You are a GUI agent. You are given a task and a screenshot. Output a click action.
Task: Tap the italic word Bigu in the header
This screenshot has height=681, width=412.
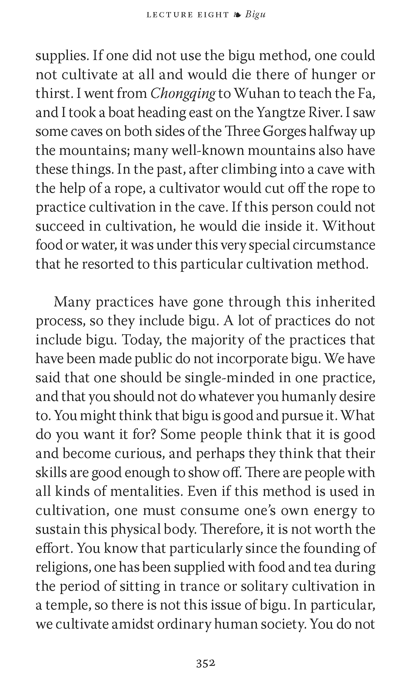(255, 15)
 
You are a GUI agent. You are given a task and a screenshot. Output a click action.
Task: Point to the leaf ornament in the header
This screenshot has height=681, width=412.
(238, 15)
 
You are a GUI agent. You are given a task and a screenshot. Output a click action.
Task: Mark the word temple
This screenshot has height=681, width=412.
(68, 605)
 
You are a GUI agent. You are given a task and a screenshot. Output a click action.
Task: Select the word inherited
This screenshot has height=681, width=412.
(345, 302)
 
